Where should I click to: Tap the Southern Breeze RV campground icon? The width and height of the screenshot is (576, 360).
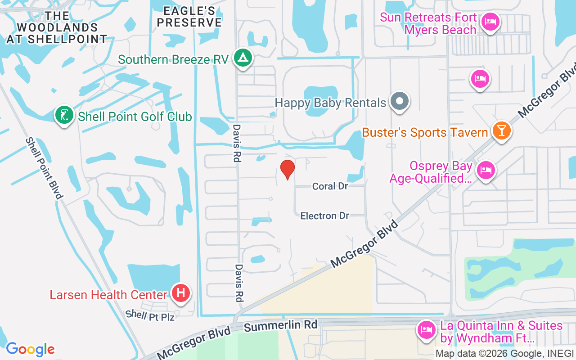pyautogui.click(x=243, y=58)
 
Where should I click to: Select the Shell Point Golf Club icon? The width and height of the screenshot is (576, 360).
pyautogui.click(x=64, y=115)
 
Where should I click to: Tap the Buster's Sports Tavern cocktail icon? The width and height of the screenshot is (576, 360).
pyautogui.click(x=501, y=130)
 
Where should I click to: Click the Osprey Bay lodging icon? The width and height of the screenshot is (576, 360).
pyautogui.click(x=486, y=171)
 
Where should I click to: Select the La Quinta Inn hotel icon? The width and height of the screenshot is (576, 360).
pyautogui.click(x=426, y=330)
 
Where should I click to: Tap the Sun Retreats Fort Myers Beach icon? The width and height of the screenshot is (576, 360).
pyautogui.click(x=490, y=22)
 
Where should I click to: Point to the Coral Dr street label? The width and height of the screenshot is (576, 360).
pyautogui.click(x=330, y=186)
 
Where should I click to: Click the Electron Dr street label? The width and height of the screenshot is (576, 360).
pyautogui.click(x=324, y=216)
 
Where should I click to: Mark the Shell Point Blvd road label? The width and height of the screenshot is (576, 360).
pyautogui.click(x=44, y=168)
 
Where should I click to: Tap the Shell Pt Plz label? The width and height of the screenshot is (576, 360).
pyautogui.click(x=149, y=316)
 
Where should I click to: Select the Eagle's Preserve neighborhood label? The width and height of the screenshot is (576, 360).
pyautogui.click(x=190, y=17)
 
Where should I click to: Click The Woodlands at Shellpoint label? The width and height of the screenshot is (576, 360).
pyautogui.click(x=57, y=27)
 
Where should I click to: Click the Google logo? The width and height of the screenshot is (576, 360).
pyautogui.click(x=30, y=349)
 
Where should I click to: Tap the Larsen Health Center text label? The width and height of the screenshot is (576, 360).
pyautogui.click(x=108, y=295)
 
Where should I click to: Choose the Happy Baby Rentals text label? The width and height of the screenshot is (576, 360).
pyautogui.click(x=330, y=103)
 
